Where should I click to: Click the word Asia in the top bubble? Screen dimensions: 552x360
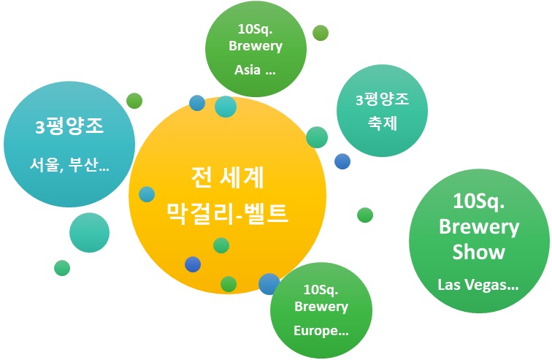pos(248,69)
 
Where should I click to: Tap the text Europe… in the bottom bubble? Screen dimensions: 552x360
pos(321,331)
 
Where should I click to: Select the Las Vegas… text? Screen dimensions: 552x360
pos(478,285)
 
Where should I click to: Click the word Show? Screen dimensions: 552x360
pos(479,252)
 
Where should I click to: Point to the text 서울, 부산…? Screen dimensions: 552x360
pos(69,165)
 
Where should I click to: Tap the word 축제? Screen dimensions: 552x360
pos(383,123)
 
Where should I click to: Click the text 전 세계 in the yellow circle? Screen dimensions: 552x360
pos(227,177)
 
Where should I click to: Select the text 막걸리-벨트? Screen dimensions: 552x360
pos(227,213)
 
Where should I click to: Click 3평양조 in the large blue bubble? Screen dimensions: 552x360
pos(69,126)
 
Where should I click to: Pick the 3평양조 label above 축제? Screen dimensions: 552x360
pos(383,99)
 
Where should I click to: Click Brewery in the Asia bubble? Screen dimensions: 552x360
pos(256,46)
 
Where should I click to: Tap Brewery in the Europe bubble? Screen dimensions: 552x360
pos(321,307)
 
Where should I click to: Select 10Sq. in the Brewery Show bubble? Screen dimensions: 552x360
pos(479,201)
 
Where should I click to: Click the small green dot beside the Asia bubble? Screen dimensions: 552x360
pos(321,33)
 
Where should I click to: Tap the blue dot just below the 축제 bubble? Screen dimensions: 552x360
pos(342,161)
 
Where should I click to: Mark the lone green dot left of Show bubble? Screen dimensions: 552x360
pos(365,215)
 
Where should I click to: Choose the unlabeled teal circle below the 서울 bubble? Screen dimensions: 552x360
pos(89,233)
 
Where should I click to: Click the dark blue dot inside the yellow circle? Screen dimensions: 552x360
pos(193,264)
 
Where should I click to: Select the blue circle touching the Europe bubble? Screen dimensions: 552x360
pos(269,283)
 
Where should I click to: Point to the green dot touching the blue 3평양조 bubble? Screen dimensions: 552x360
pos(134,101)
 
